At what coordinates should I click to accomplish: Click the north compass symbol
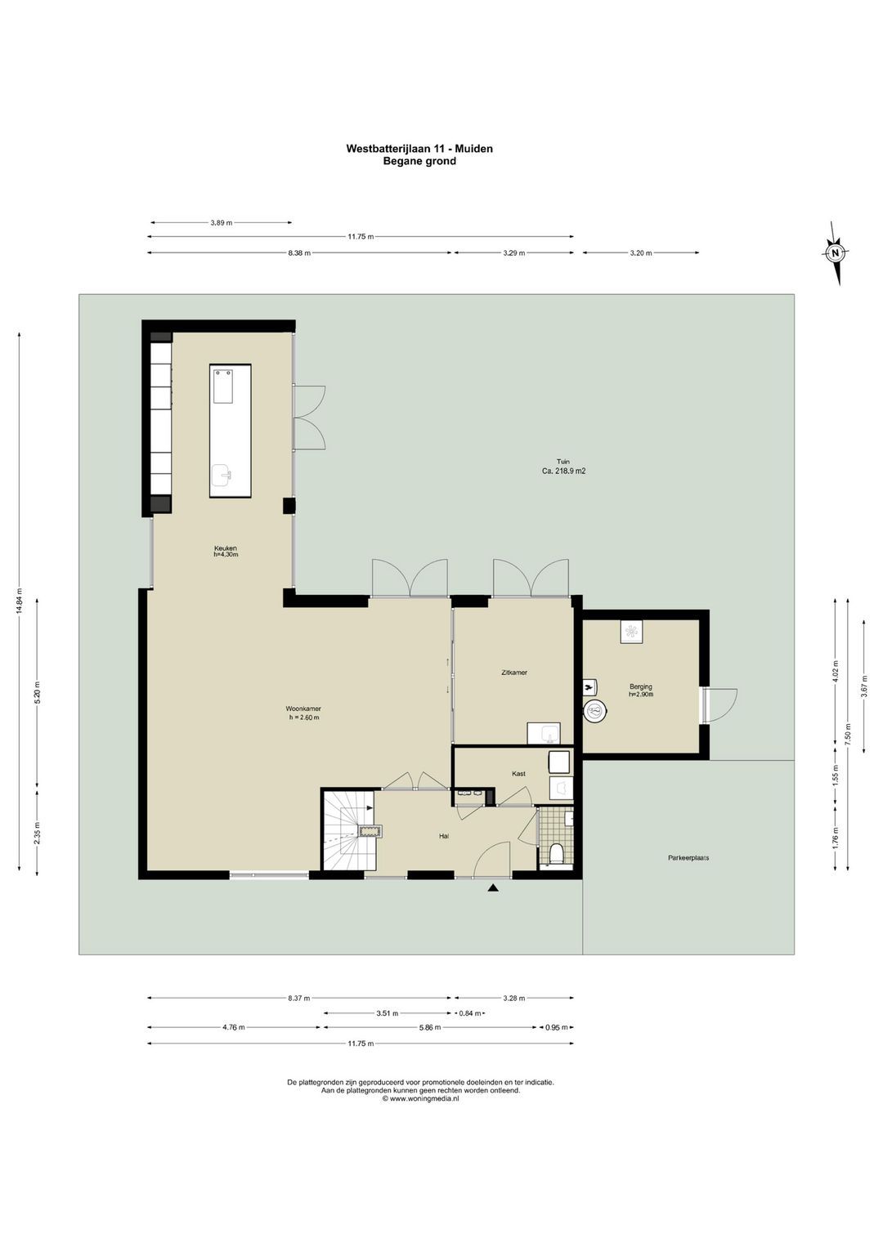(835, 253)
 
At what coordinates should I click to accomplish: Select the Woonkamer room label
(303, 708)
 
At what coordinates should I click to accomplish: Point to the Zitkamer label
(513, 672)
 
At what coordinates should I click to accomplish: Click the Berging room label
(641, 686)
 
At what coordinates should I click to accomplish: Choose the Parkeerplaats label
(688, 858)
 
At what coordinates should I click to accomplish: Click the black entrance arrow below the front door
(492, 889)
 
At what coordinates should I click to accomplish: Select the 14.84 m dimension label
(20, 601)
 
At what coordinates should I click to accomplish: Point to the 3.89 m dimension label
(222, 222)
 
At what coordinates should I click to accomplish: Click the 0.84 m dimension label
(469, 1013)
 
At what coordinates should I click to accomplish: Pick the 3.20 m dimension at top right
(641, 253)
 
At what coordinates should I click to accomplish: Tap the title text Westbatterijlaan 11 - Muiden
(419, 149)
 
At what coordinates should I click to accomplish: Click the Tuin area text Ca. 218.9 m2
(564, 471)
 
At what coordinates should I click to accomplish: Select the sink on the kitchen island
(225, 475)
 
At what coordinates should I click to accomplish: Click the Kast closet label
(518, 773)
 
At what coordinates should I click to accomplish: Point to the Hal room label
(444, 836)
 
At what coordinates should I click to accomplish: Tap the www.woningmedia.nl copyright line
(420, 1098)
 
